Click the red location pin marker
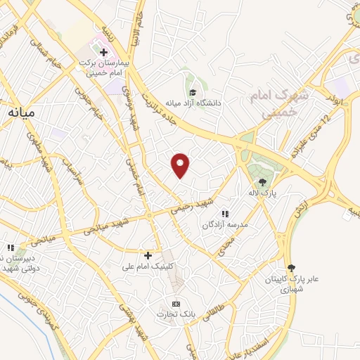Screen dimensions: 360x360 tap(181, 164)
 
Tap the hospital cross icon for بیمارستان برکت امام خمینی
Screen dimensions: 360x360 tap(103, 53)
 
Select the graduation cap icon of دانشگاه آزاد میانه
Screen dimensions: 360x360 tap(191, 91)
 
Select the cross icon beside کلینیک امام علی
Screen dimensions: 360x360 tap(148, 255)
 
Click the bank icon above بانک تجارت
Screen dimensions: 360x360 tap(167, 303)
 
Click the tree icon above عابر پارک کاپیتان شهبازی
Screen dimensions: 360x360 tap(290, 268)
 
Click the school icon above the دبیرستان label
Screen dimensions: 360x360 tap(10, 247)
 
